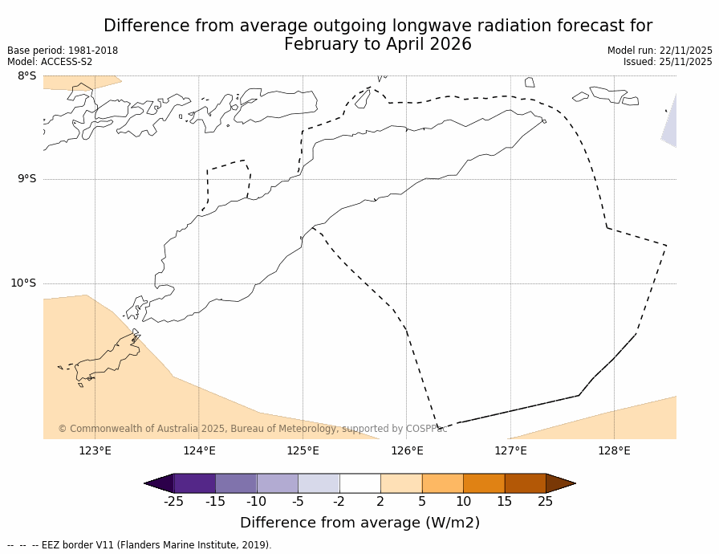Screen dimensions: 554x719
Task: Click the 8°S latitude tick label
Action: click(x=26, y=76)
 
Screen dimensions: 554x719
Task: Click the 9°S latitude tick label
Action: click(x=26, y=179)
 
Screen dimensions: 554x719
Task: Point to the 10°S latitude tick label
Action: click(x=23, y=283)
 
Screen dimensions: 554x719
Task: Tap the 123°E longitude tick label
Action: click(x=95, y=450)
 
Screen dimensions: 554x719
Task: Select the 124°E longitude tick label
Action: click(x=199, y=450)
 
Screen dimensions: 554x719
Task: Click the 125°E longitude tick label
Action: click(x=303, y=450)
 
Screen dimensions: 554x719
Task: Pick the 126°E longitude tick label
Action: click(x=407, y=450)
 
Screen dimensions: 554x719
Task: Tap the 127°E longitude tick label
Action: click(x=510, y=450)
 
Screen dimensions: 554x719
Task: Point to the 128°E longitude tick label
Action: click(x=614, y=450)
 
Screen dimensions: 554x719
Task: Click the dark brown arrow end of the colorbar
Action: click(x=560, y=483)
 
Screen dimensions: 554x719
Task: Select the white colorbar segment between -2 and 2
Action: click(x=359, y=483)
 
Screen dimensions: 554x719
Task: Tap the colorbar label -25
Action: click(x=173, y=502)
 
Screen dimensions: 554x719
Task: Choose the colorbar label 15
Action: click(x=504, y=502)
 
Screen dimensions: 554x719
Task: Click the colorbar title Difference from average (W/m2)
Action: click(x=359, y=523)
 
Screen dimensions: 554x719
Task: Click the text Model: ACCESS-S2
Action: click(x=50, y=62)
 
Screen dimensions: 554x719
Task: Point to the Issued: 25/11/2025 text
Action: click(x=668, y=62)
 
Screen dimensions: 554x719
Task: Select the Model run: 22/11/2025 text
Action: click(x=660, y=51)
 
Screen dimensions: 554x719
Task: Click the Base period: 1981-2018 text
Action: click(x=63, y=51)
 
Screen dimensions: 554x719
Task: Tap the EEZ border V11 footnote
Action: click(x=140, y=545)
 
